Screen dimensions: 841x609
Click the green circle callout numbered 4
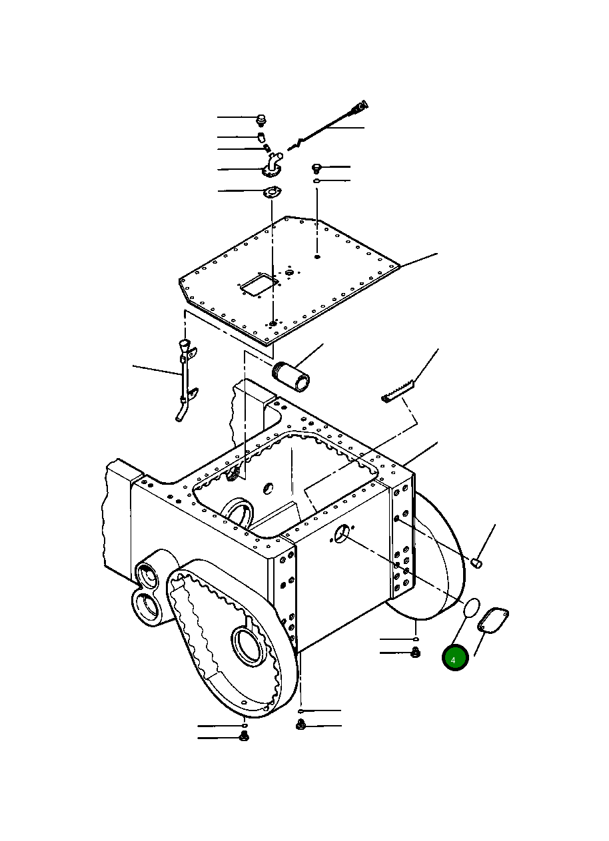click(x=456, y=659)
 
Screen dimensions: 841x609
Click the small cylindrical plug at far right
click(x=476, y=563)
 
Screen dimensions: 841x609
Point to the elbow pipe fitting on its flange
click(x=273, y=164)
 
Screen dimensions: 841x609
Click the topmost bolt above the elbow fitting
click(x=261, y=120)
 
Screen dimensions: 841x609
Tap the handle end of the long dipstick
click(x=360, y=105)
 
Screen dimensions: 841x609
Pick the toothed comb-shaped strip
click(x=398, y=392)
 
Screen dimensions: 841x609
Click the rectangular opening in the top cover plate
click(x=259, y=284)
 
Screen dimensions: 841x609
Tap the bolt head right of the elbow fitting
click(x=317, y=168)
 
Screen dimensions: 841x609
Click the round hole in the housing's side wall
click(x=341, y=533)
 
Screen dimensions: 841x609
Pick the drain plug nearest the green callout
click(x=414, y=653)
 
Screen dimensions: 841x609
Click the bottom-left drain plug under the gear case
click(x=243, y=736)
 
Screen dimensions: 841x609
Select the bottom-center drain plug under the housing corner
click(x=301, y=724)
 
